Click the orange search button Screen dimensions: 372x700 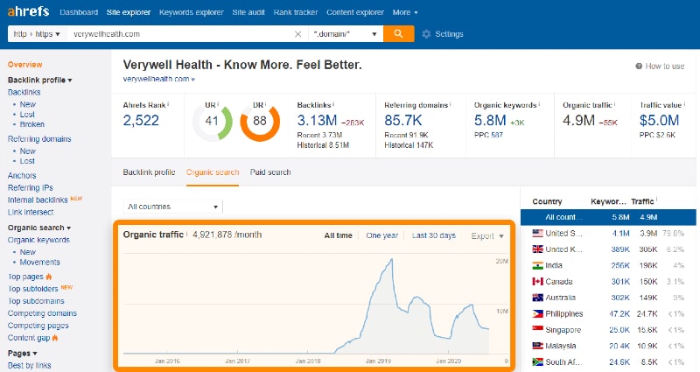pos(398,33)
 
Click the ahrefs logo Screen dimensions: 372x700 pos(29,12)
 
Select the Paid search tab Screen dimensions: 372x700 pos(270,172)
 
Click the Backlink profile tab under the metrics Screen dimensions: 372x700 pos(149,172)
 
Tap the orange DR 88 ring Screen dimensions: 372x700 pos(259,123)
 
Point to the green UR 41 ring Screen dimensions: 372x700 pos(212,123)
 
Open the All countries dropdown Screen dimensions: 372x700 pos(172,207)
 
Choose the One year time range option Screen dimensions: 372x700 pos(381,235)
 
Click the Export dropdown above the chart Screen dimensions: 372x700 pos(487,235)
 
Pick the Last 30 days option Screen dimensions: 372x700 pos(434,235)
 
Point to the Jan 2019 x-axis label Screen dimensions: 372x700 pos(378,360)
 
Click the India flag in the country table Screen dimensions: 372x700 pos(537,265)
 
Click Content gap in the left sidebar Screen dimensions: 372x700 pos(30,337)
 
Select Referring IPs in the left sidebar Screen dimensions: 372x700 pos(30,187)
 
